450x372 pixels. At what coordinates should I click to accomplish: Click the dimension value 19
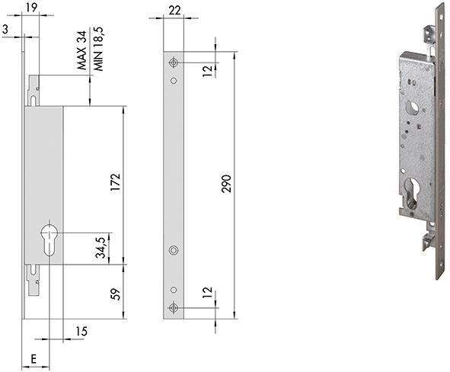click(31, 8)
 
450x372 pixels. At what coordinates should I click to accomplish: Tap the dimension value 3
click(5, 29)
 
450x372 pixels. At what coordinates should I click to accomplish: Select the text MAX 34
click(81, 50)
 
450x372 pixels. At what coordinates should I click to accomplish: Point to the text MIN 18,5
click(98, 49)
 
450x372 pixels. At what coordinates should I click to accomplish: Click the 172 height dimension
click(116, 182)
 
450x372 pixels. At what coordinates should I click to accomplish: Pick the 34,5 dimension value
click(101, 248)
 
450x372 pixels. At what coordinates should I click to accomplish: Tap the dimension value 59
click(116, 294)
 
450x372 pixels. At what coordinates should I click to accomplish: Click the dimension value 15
click(81, 332)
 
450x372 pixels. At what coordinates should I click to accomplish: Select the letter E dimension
click(34, 359)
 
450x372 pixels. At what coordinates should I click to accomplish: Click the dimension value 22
click(175, 11)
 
